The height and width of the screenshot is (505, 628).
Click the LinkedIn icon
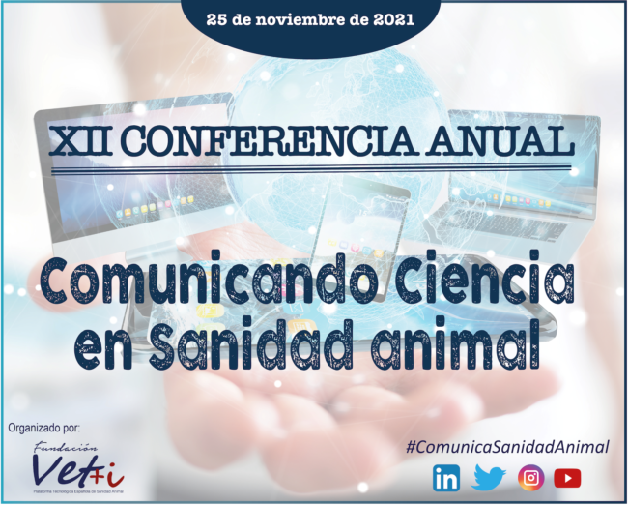click(446, 477)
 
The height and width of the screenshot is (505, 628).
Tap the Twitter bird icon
click(489, 477)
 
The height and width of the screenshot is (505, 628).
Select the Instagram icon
click(530, 477)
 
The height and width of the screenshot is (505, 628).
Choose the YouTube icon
click(568, 477)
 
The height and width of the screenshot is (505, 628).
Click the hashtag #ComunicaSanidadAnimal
click(507, 446)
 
